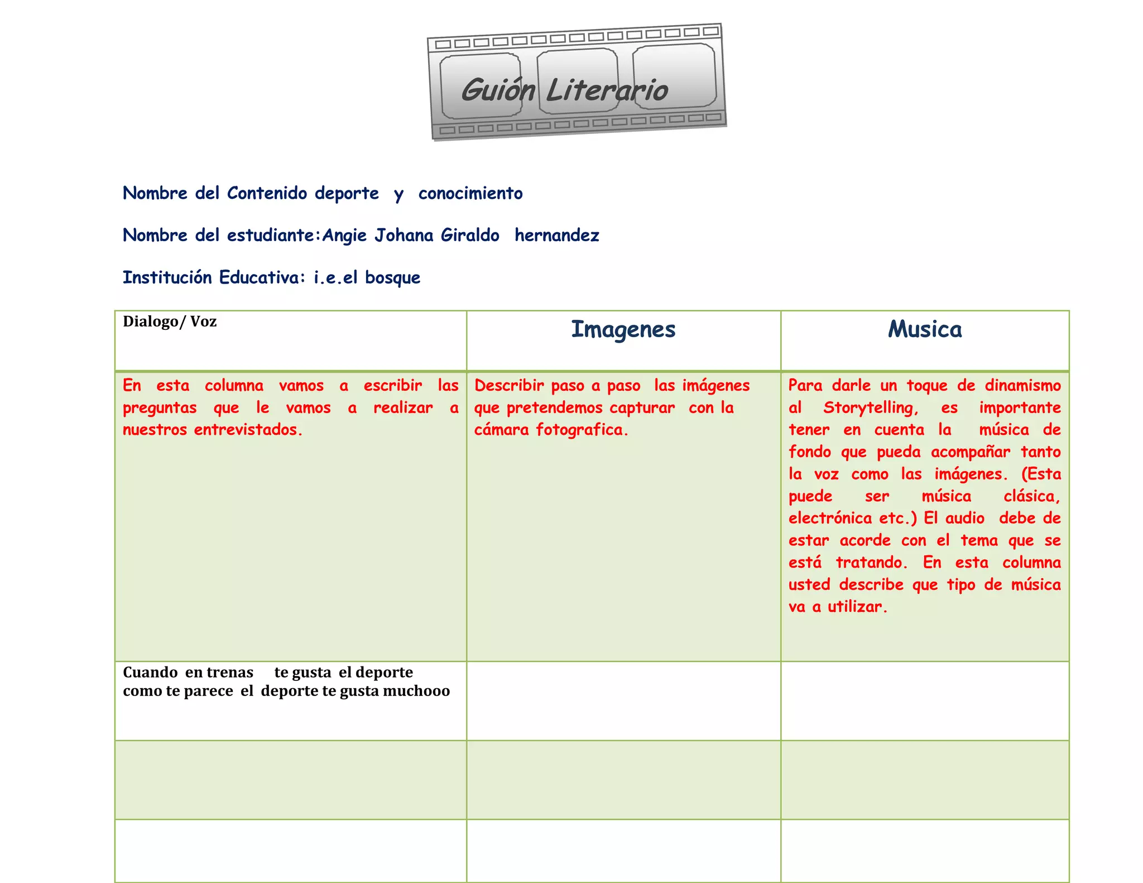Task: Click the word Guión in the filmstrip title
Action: pyautogui.click(x=497, y=90)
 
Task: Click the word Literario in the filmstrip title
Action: pyautogui.click(x=607, y=90)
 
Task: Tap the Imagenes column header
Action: pyautogui.click(x=623, y=330)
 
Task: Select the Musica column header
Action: pyautogui.click(x=925, y=329)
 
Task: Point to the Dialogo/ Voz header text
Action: pyautogui.click(x=170, y=321)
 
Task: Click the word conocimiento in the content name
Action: pyautogui.click(x=470, y=193)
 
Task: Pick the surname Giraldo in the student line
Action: pyautogui.click(x=470, y=235)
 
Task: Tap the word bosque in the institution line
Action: pyautogui.click(x=392, y=277)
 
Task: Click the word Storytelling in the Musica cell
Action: pyautogui.click(x=870, y=408)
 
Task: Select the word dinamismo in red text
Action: pyautogui.click(x=1022, y=386)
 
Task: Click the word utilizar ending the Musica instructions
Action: pyautogui.click(x=857, y=607)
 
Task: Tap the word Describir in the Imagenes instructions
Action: pyautogui.click(x=509, y=386)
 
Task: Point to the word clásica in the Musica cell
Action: pyautogui.click(x=1031, y=496)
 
